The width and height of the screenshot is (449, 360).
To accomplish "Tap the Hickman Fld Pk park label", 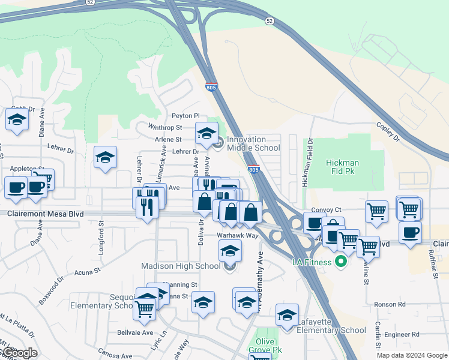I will [342, 167].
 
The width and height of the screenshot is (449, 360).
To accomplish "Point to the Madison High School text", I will [181, 266].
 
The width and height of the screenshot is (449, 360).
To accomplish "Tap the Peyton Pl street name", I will [185, 115].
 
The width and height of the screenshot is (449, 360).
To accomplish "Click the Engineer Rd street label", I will [403, 334].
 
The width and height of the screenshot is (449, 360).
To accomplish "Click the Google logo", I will [19, 353].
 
